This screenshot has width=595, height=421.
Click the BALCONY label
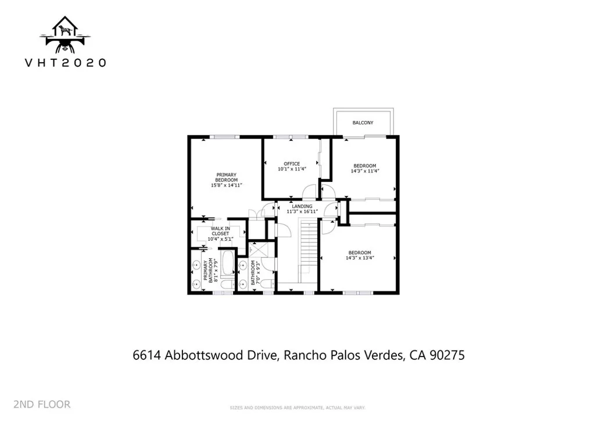pos(363,123)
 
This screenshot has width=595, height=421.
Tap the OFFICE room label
pos(291,163)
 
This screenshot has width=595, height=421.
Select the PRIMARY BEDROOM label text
pos(227,177)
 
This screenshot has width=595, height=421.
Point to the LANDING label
pos(302,206)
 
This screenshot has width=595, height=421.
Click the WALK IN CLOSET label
pos(220,231)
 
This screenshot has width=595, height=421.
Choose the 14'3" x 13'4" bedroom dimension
pos(359,258)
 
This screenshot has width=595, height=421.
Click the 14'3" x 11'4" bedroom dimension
pos(364,172)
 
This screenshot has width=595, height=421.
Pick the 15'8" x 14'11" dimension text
pos(227,185)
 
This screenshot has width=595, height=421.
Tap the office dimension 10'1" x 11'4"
pos(291,169)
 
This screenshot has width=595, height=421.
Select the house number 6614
pos(147,355)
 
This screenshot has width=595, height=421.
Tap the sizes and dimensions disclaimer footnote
pos(297,407)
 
